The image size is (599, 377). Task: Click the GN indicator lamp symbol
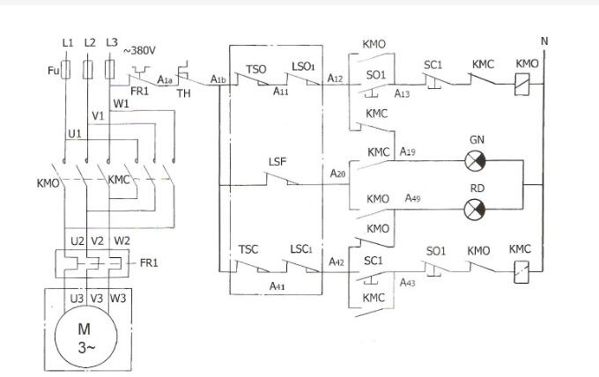(x=477, y=161)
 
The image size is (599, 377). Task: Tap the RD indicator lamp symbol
(x=477, y=209)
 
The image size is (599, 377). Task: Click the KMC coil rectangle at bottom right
(x=520, y=272)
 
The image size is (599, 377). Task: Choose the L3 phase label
(x=111, y=42)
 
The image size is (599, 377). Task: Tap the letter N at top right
(x=544, y=41)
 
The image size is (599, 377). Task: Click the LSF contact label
(x=278, y=161)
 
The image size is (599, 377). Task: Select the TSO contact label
(x=255, y=69)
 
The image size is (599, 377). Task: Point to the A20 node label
(x=338, y=174)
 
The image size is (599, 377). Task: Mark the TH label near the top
(x=183, y=92)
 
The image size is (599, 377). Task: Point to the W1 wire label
(x=122, y=103)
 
